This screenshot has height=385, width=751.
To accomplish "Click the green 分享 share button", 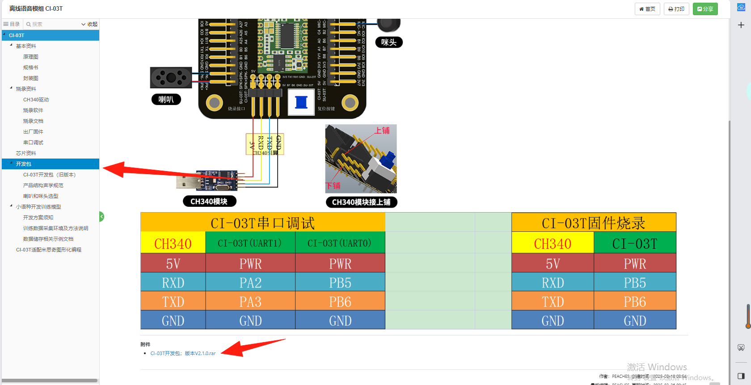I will click(x=705, y=9).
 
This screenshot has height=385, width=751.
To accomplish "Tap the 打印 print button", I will click(x=676, y=9).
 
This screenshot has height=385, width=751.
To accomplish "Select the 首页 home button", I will click(x=647, y=9).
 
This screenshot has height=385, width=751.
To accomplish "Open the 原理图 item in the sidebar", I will click(x=30, y=57).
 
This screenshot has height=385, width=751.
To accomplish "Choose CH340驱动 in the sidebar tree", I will click(x=36, y=100).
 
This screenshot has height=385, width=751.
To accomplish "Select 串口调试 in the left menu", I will click(x=33, y=142).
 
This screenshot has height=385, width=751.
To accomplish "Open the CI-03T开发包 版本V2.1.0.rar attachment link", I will click(x=183, y=353).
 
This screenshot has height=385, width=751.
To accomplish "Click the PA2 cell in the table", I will click(x=250, y=283).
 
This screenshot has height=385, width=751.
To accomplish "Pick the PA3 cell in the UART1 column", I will click(x=250, y=302).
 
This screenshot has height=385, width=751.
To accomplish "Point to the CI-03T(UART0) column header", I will click(x=340, y=243).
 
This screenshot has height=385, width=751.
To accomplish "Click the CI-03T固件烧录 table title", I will click(x=593, y=223).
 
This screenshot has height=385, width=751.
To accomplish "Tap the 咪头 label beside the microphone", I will click(x=388, y=42).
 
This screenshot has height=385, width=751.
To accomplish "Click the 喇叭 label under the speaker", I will click(x=166, y=100).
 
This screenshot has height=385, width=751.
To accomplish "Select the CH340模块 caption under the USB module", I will click(x=209, y=201).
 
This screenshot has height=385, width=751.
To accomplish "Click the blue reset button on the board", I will click(x=301, y=102).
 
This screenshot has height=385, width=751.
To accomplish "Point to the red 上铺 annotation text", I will click(x=382, y=130).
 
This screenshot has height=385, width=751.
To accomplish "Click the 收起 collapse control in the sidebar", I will click(x=89, y=24).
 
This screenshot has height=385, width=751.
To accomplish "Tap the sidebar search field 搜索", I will click(x=51, y=24).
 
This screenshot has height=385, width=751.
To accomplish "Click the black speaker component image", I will click(x=171, y=78).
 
